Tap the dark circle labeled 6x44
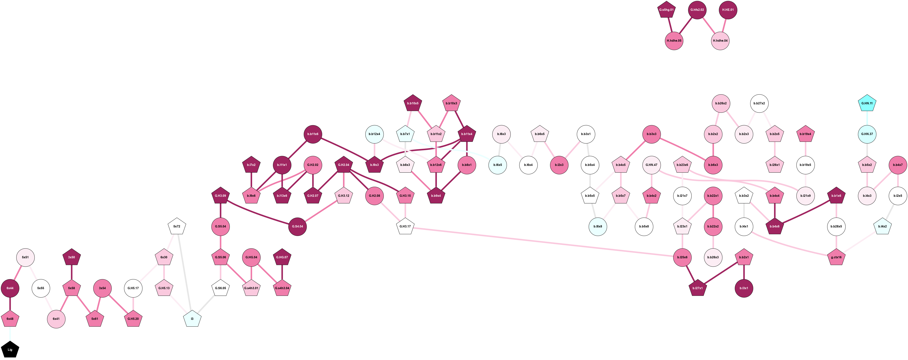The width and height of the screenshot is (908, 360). [x=10, y=288]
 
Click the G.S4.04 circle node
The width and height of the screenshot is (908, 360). [x=298, y=226]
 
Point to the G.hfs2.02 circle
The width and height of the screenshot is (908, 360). [x=697, y=10]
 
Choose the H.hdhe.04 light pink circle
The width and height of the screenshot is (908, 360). [x=720, y=41]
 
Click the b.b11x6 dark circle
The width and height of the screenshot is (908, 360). [x=313, y=134]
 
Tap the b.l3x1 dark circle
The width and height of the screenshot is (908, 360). [x=744, y=288]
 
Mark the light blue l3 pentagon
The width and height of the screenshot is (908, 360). [x=192, y=319]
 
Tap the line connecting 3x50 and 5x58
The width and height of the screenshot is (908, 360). [x=72, y=273]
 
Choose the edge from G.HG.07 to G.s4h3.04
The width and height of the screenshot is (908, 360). [x=282, y=273]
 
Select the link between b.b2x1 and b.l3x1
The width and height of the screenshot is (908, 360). [x=744, y=273]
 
